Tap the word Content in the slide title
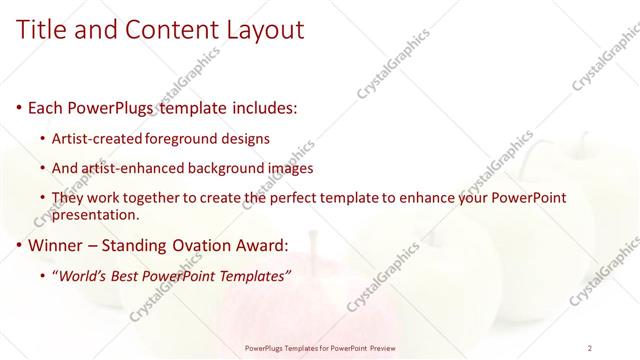tap(171, 30)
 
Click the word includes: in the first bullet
tap(262, 107)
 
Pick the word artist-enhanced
tap(131, 168)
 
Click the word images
tap(290, 168)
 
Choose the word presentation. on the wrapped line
tap(96, 214)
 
